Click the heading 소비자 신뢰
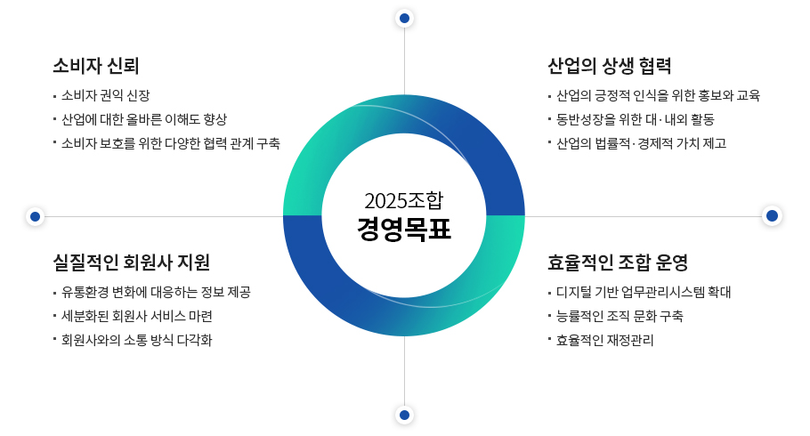click(96, 66)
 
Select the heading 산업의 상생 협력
click(610, 66)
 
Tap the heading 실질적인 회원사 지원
click(131, 262)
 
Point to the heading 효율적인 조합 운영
click(618, 262)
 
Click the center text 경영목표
click(404, 229)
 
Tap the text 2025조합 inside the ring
click(404, 200)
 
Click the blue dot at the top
click(404, 19)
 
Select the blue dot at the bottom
click(404, 416)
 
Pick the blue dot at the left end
click(35, 216)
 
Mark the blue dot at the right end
click(773, 215)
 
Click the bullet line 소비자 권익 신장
click(105, 95)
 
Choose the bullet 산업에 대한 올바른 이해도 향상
click(144, 119)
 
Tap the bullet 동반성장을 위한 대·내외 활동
click(636, 119)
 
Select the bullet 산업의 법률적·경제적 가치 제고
click(641, 143)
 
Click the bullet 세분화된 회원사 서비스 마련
click(137, 316)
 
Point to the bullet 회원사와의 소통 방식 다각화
click(137, 340)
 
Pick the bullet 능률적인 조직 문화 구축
click(620, 316)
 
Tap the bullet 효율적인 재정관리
click(605, 340)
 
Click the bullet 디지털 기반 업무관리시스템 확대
click(644, 293)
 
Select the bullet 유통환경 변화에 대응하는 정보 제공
click(156, 293)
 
